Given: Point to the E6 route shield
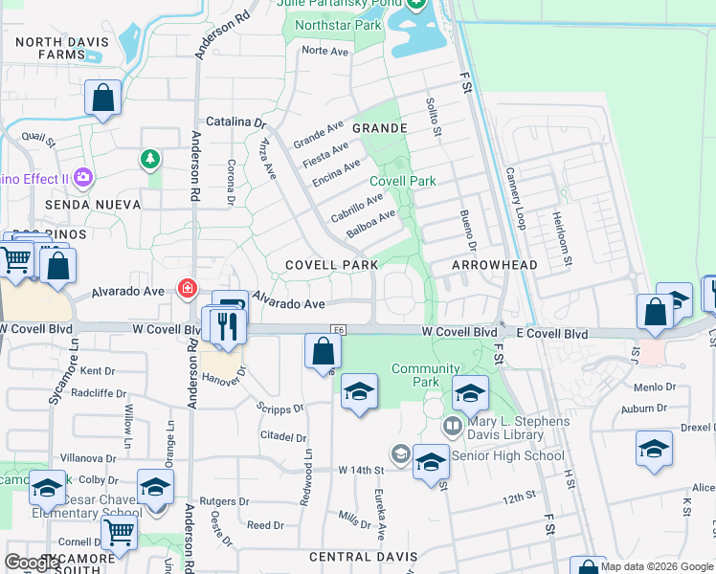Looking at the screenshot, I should [338, 330].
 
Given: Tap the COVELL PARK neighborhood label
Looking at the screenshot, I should [332, 264].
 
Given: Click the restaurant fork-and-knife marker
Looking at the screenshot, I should [227, 325].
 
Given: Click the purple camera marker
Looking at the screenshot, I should [83, 177].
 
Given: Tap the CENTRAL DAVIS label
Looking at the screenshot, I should [363, 557].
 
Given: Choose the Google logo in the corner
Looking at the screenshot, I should [32, 563].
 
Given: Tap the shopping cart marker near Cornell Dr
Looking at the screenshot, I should [119, 531].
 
